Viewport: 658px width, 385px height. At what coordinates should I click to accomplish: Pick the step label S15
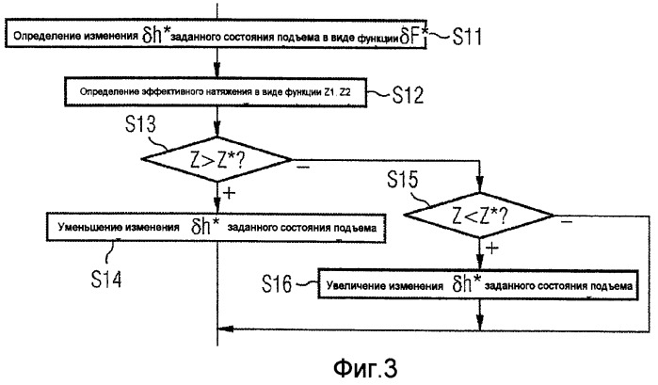coord(407,178)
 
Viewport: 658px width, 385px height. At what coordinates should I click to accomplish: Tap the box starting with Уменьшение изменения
coord(217,227)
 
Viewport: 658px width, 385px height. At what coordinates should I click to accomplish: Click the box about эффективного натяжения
coord(217,92)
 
